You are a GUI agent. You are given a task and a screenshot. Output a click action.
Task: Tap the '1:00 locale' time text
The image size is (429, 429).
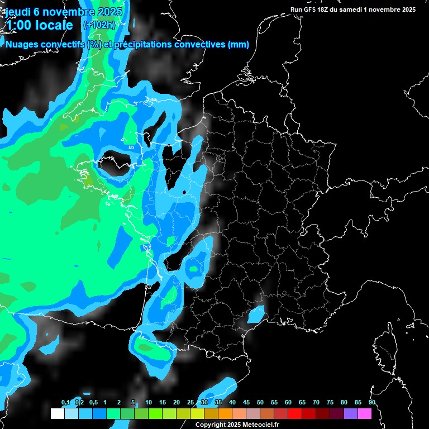pyautogui.click(x=39, y=25)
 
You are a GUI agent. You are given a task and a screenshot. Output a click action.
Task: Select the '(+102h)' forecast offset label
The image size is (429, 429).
pyautogui.click(x=99, y=25)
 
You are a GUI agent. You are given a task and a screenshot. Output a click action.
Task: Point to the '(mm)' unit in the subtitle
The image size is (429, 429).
pyautogui.click(x=239, y=44)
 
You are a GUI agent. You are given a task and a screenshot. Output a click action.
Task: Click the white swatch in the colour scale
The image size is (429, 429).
pyautogui.click(x=57, y=414)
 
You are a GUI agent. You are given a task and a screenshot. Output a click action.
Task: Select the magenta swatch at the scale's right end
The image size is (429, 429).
pyautogui.click(x=365, y=414)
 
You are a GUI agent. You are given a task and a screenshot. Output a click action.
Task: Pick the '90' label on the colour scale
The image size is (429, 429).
pyautogui.click(x=371, y=403)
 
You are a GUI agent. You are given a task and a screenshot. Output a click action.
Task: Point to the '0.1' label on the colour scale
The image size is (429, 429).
pyautogui.click(x=65, y=403)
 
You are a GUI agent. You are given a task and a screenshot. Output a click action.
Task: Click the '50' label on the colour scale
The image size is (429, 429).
pyautogui.click(x=260, y=403)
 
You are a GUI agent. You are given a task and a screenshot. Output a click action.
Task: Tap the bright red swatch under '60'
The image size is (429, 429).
pyautogui.click(x=295, y=414)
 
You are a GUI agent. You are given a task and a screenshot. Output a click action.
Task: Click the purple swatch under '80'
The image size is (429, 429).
pyautogui.click(x=351, y=414)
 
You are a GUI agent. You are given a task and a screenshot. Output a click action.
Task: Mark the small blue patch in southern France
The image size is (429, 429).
pyautogui.click(x=256, y=314)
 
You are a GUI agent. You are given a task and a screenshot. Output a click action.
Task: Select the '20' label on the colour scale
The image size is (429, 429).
pyautogui.click(x=177, y=403)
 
